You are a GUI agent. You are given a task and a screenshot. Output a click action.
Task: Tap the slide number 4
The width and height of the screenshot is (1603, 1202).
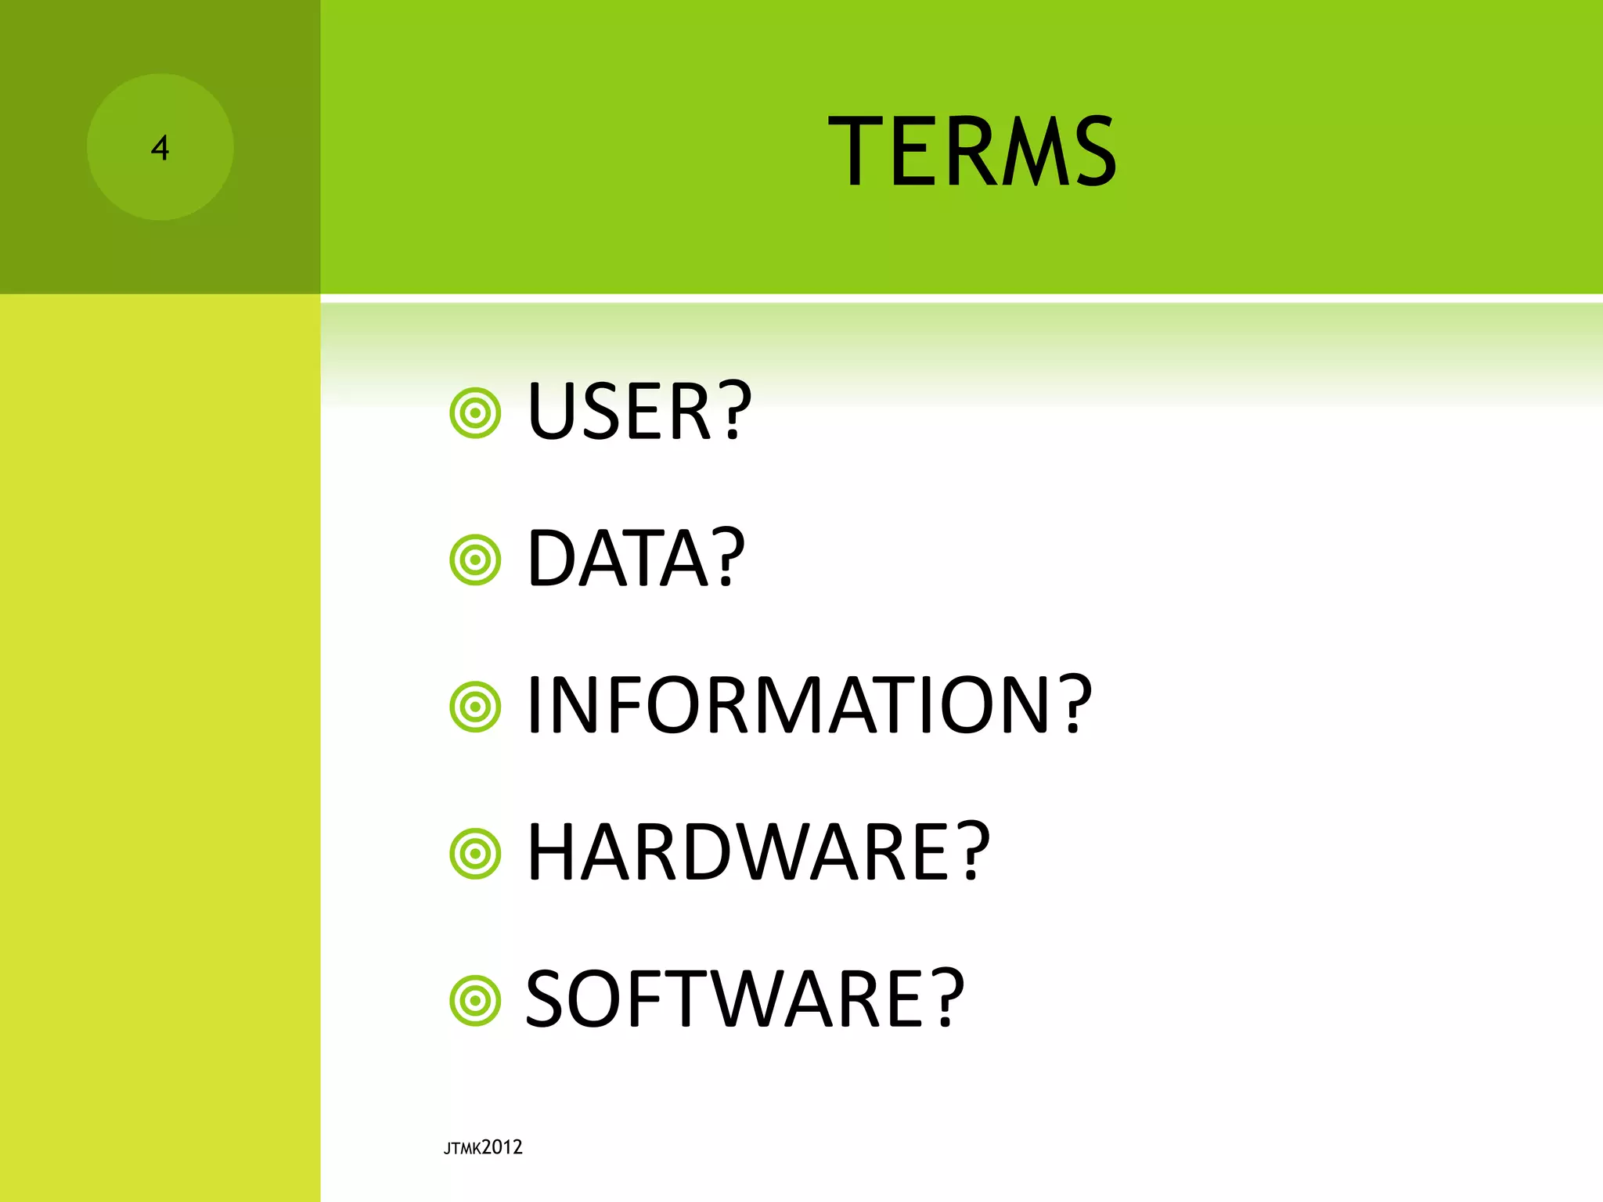(160, 148)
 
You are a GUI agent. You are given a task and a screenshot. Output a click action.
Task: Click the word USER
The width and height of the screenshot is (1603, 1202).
(618, 412)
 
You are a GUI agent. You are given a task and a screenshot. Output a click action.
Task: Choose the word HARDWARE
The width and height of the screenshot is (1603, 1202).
(739, 853)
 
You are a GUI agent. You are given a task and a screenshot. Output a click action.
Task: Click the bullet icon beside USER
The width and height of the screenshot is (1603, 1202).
(475, 412)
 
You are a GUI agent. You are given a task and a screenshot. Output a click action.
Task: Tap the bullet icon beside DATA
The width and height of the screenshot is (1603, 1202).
(475, 560)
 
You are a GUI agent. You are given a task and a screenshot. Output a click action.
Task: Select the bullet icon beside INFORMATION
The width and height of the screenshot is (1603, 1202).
(475, 707)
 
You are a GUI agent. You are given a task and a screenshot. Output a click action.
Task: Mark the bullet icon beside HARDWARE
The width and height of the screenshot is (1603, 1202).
(475, 853)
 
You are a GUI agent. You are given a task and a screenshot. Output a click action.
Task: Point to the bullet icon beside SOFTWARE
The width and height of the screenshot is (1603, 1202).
(475, 1000)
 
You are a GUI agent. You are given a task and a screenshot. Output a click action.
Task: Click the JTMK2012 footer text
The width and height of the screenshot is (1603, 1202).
(483, 1147)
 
